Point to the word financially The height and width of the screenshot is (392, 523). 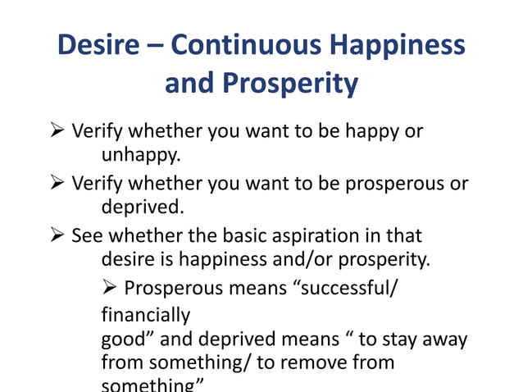click(146, 315)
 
